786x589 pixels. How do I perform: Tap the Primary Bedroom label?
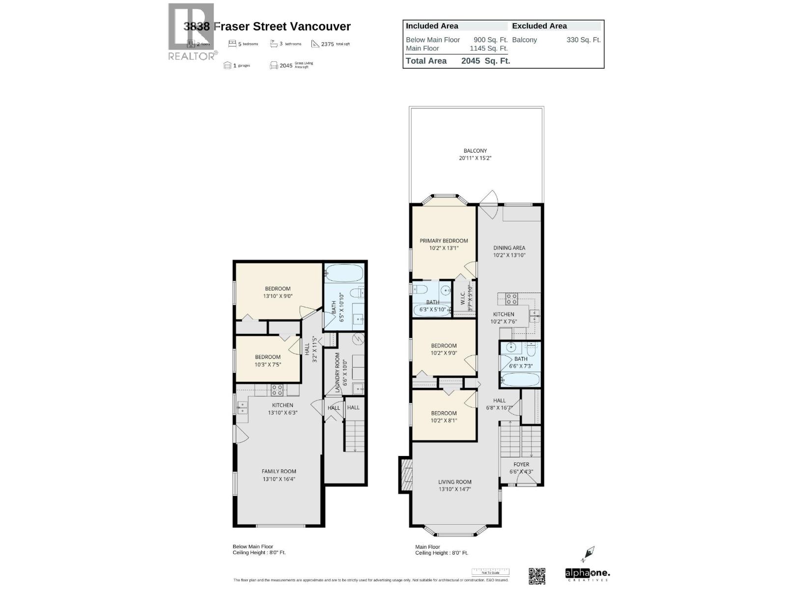point(444,244)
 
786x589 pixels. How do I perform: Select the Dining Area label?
point(509,251)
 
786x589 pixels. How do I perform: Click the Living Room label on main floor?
point(455,485)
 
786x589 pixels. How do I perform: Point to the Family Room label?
point(279,475)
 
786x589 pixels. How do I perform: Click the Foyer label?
point(521,468)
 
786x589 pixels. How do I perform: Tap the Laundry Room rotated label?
point(337,373)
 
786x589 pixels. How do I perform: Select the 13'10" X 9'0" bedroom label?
point(278,292)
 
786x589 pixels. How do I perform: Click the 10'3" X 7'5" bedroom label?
point(268,360)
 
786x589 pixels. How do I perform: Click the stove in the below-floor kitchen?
point(277,390)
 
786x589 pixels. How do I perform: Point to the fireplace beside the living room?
point(406,474)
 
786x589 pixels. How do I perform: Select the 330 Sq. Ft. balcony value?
point(583,40)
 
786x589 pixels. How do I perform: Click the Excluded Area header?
point(539,26)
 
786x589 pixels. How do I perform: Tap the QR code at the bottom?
point(537,576)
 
